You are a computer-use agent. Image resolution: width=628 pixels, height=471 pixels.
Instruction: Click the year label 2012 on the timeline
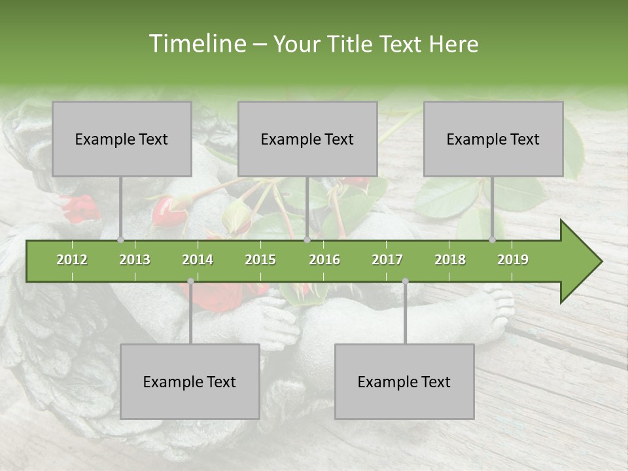72,260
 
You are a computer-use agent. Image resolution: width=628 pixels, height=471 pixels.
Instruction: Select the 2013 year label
135,260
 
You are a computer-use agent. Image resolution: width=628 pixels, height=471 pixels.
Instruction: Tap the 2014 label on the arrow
198,260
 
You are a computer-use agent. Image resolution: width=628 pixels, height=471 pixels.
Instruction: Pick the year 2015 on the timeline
260,260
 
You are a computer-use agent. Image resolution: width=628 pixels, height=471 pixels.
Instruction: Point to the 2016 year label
324,260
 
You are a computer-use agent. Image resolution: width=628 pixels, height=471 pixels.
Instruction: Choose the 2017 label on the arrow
387,260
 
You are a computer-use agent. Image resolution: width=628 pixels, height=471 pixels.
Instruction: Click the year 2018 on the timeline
450,260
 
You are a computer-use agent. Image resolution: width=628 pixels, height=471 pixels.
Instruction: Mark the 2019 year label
513,260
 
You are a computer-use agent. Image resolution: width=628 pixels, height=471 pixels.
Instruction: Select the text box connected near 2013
122,139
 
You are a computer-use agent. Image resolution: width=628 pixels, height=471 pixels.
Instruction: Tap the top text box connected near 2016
307,139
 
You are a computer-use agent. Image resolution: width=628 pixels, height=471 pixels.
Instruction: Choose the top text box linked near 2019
493,139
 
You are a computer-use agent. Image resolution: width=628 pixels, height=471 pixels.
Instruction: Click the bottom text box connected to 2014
190,381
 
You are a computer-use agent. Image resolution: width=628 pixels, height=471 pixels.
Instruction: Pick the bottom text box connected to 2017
404,381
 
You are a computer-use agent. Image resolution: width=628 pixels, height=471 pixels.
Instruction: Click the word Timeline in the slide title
196,44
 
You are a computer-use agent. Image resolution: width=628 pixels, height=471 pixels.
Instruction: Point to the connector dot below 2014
190,281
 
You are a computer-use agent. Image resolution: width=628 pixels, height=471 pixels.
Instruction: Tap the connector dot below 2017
405,281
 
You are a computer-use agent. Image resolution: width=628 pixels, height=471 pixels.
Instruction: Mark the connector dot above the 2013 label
121,239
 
